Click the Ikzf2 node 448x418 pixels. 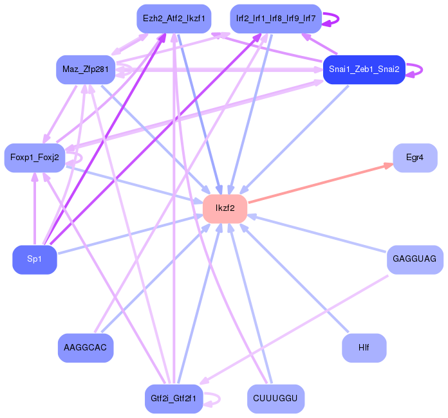[x=225, y=208]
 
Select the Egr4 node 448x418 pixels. [x=415, y=158]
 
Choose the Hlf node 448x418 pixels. [x=364, y=348]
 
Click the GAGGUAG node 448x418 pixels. [x=415, y=259]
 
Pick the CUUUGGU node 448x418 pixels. [x=275, y=399]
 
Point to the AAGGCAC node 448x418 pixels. [x=86, y=347]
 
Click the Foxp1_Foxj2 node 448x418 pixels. [x=33, y=158]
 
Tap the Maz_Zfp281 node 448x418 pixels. [x=85, y=69]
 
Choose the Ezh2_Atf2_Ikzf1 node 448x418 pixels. [x=173, y=19]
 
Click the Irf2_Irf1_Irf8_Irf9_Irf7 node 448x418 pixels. [x=275, y=19]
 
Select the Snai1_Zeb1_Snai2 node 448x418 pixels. [x=364, y=69]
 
